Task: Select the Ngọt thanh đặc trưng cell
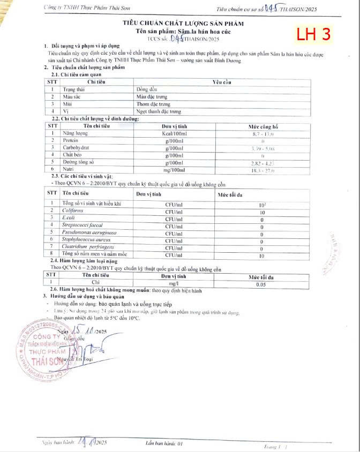159,111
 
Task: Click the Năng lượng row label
75,132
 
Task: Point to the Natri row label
70,170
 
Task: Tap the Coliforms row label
73,211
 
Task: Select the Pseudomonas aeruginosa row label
88,233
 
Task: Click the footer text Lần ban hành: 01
164,443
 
